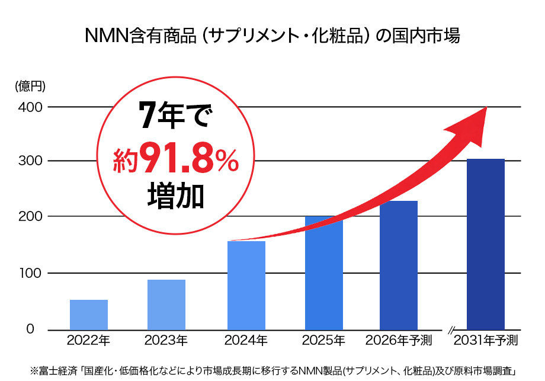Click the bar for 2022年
89,315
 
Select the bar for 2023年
166,305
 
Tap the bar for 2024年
246,285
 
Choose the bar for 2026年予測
399,265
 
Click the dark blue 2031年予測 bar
486,244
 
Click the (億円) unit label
30,87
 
